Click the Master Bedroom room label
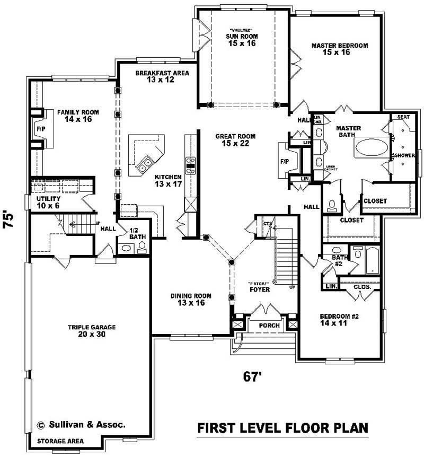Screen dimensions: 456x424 click(339, 49)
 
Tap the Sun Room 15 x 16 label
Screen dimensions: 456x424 click(243, 40)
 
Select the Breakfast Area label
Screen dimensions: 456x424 click(162, 76)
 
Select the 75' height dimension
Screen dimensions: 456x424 click(9, 220)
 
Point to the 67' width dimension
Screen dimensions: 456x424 click(253, 376)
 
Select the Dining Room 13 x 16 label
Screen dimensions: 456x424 click(191, 299)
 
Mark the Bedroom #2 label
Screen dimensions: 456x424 click(339, 319)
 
